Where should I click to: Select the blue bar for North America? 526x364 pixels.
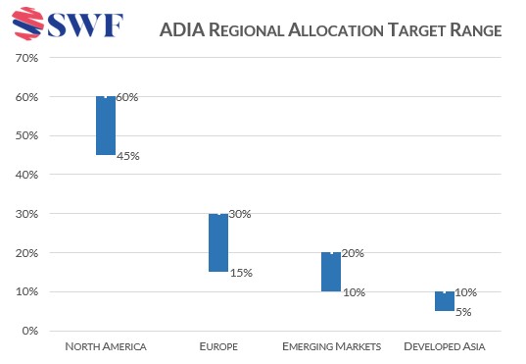(106, 126)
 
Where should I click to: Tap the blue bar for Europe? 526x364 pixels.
(218, 242)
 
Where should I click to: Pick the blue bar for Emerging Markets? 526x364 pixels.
(331, 272)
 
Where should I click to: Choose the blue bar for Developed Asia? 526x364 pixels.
(444, 301)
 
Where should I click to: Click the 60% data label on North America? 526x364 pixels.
(127, 97)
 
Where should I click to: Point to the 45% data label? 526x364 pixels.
(127, 156)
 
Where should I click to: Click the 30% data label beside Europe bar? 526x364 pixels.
(240, 214)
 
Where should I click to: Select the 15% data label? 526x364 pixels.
(240, 273)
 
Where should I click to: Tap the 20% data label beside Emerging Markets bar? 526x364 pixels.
(353, 253)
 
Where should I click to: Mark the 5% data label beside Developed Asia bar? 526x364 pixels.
(463, 312)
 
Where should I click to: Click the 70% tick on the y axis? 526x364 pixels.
(26, 58)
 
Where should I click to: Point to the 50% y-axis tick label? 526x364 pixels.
(26, 135)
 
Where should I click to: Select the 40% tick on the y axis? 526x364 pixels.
(26, 175)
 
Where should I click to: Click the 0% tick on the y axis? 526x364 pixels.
(29, 331)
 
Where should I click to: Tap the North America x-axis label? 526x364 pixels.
(106, 347)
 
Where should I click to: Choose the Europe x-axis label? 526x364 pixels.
(218, 347)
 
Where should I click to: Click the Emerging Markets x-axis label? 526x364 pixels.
(331, 347)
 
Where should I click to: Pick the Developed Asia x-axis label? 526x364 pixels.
(444, 347)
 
